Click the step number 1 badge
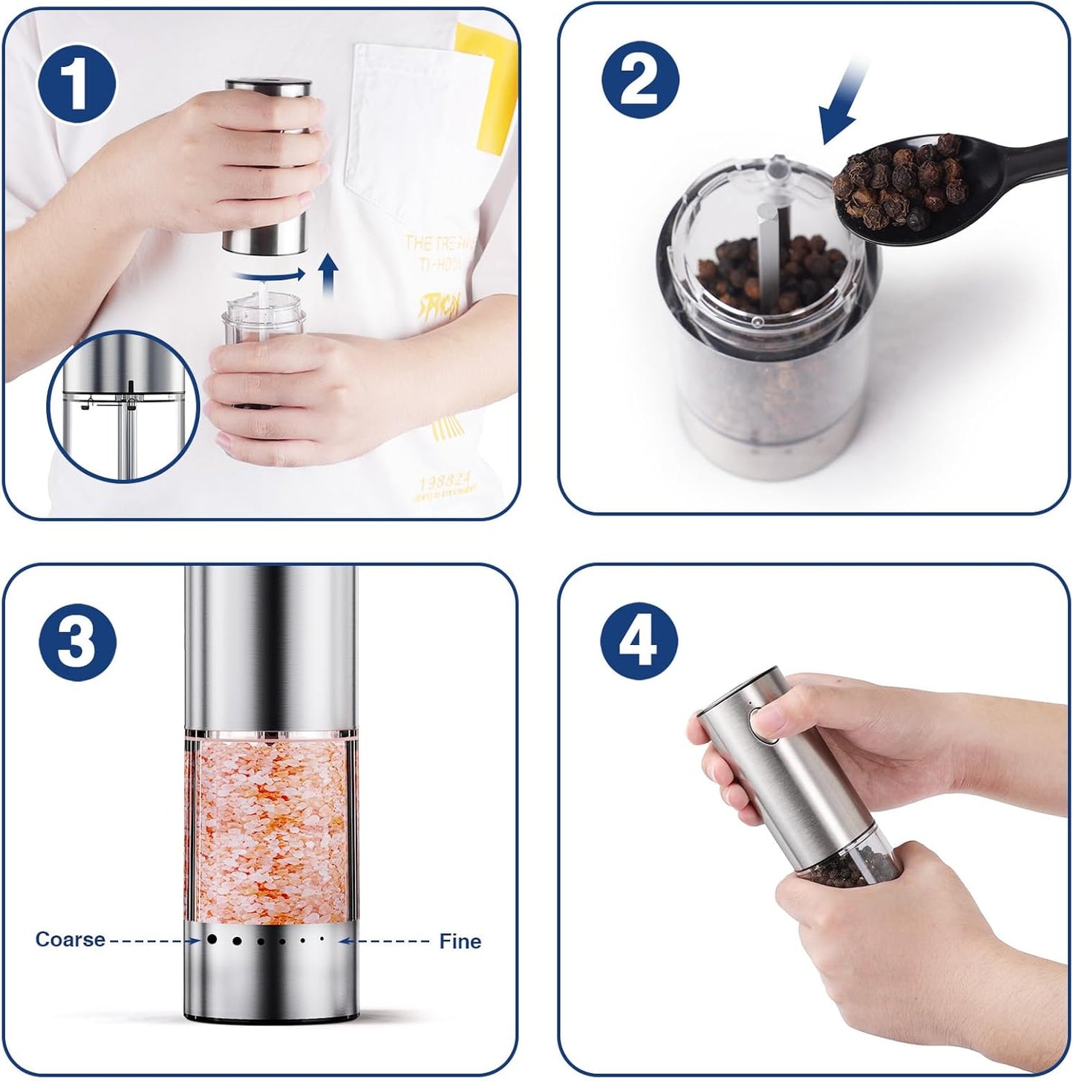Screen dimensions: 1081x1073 (x=76, y=83)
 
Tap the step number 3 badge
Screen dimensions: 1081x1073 (x=77, y=640)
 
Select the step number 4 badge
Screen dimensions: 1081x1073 (x=639, y=640)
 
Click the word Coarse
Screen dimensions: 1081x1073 (x=70, y=940)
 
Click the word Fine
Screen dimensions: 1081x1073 (x=460, y=941)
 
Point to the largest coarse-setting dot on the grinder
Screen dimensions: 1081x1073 (x=212, y=939)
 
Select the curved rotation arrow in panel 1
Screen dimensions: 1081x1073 (x=269, y=276)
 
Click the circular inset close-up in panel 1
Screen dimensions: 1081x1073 (x=123, y=406)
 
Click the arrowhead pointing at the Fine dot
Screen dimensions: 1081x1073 (x=345, y=941)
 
